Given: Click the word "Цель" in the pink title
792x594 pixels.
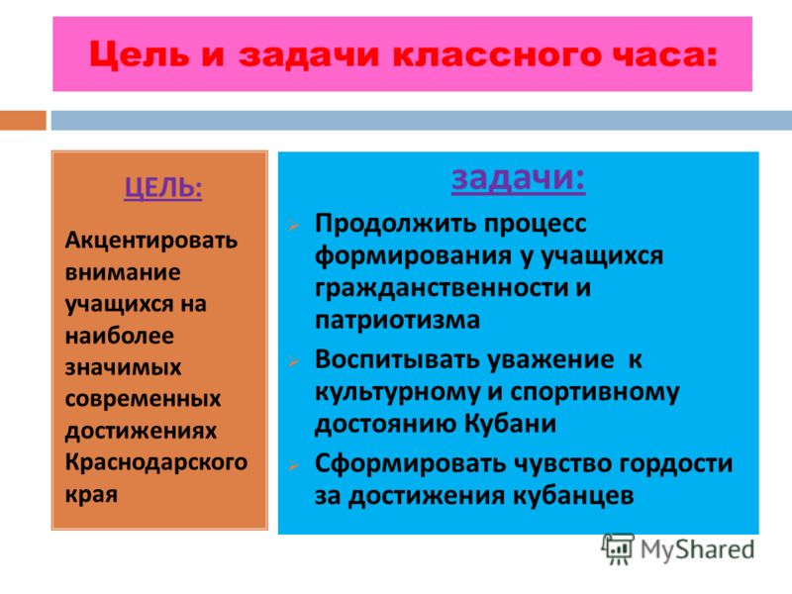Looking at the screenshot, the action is point(139,54).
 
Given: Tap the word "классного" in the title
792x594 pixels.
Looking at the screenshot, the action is point(497,54).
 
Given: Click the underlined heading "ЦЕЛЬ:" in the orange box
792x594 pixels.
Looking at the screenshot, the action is point(163,188).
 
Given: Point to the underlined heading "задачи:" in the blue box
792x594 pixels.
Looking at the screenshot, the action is point(518,179).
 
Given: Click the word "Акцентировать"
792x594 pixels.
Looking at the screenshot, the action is point(151,241).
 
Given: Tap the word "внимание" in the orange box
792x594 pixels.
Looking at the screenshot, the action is point(123,272).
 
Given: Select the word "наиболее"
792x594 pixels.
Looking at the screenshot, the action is point(119,336).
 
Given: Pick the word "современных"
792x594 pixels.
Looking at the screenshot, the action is point(143,399).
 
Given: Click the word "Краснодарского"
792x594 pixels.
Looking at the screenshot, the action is point(156,462).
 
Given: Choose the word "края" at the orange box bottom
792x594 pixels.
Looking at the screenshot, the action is point(91,495).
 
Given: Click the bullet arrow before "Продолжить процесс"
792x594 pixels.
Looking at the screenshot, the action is point(293,226).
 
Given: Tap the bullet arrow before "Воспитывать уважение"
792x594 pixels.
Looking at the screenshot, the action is point(293,361).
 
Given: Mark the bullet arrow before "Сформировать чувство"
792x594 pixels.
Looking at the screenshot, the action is point(293,465).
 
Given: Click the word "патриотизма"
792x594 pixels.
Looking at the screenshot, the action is point(397,320).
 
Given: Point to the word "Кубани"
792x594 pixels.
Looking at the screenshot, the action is point(510,424).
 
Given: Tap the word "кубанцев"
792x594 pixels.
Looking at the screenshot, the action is point(573,496).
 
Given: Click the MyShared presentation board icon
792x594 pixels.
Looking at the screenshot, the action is point(617,549).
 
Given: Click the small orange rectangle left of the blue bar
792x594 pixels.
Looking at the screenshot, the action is point(23,120).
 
